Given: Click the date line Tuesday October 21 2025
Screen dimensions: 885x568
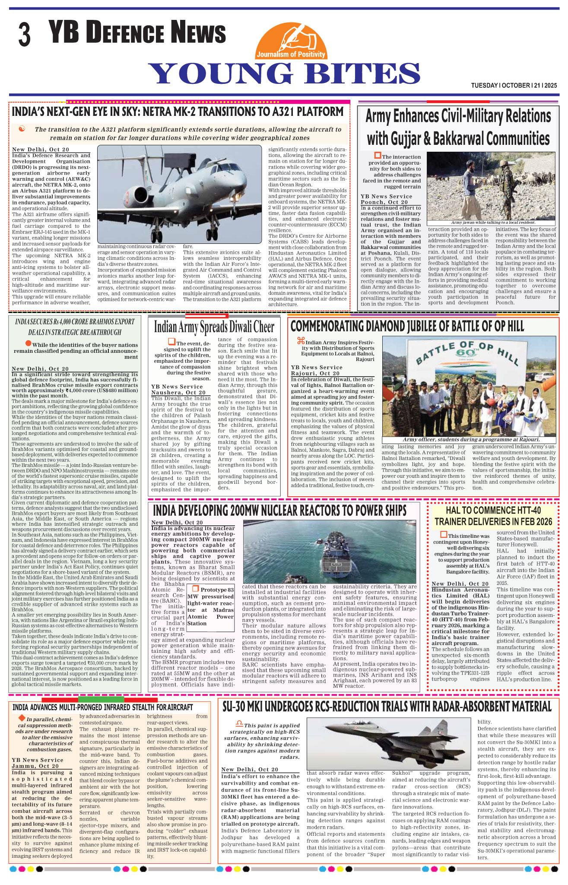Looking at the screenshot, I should [514, 86].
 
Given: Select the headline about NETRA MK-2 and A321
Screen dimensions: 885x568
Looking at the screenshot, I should [178, 112].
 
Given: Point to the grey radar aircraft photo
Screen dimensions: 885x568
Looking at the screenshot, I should [179, 194].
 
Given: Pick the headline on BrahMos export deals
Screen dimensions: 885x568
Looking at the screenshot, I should [75, 327].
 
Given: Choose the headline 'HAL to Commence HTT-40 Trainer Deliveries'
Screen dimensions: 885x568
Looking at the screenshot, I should [493, 516].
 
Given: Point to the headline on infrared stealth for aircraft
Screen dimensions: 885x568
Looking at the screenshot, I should [102, 707].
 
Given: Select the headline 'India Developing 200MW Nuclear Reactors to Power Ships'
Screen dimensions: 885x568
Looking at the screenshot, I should [279, 510].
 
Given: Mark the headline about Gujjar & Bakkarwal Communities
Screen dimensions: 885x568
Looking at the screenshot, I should [458, 128].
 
